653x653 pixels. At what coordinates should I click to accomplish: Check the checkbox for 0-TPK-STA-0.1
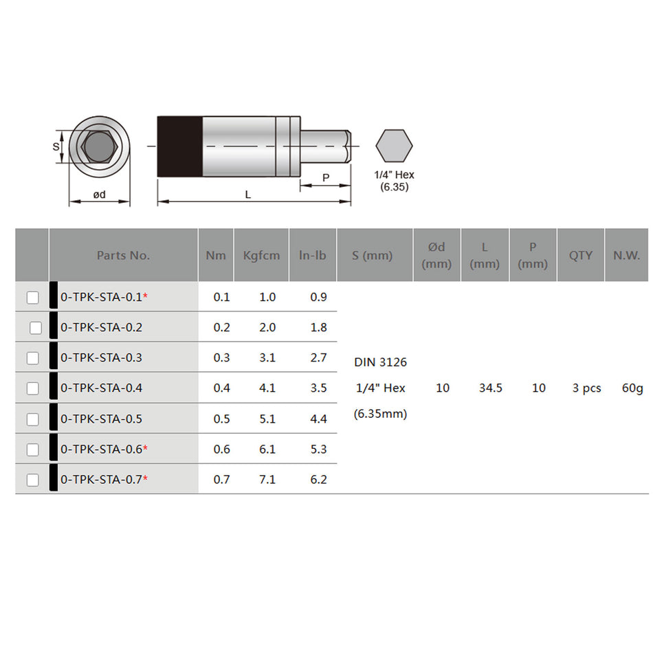click(x=32, y=298)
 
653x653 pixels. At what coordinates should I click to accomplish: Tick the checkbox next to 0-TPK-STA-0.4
click(x=32, y=388)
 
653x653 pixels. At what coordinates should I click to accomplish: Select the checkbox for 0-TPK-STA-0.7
click(x=32, y=480)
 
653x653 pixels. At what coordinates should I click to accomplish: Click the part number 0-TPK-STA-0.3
click(x=101, y=357)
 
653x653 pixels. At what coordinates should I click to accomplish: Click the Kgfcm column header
click(x=261, y=255)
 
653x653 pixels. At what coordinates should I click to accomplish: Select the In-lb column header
click(x=313, y=255)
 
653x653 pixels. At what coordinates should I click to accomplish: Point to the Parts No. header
click(x=123, y=255)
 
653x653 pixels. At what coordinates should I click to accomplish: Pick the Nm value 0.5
click(x=221, y=419)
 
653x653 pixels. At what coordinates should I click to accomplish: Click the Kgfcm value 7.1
click(x=267, y=479)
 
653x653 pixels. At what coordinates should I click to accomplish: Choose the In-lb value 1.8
click(x=318, y=327)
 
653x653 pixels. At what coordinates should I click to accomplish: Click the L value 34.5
click(x=490, y=388)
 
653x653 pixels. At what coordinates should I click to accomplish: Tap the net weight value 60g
click(x=632, y=388)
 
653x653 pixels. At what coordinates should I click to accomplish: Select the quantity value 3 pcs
click(x=586, y=388)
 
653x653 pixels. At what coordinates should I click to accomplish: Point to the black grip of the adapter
click(x=179, y=146)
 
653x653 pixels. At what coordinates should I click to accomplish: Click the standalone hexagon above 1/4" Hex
click(x=394, y=146)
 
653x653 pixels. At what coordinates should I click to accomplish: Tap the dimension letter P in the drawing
click(x=326, y=177)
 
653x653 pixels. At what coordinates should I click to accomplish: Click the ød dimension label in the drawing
click(x=100, y=195)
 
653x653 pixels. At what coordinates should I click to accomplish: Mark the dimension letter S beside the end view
click(x=56, y=146)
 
